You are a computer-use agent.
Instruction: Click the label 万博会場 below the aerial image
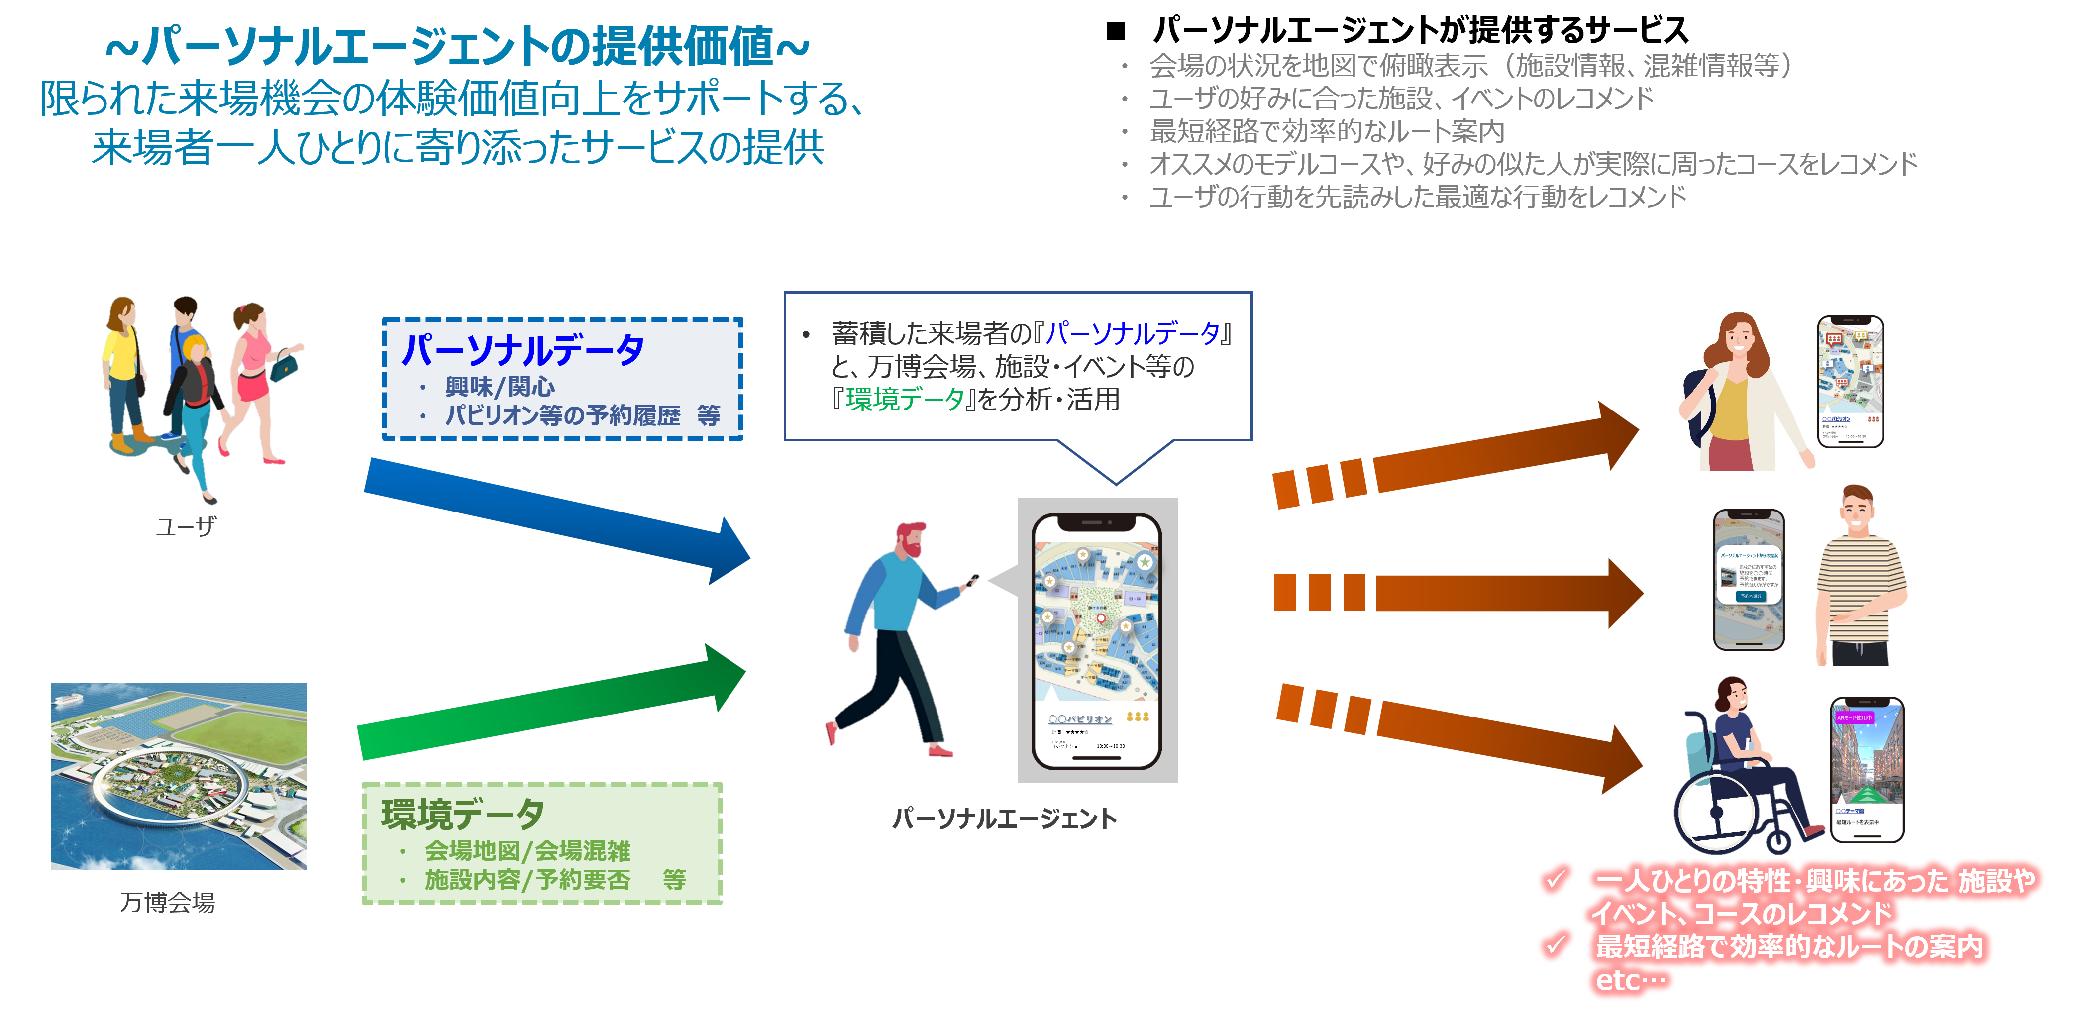pos(167,902)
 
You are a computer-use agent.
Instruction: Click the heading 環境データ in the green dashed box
pos(463,814)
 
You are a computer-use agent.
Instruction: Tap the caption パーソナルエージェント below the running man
pos(1004,819)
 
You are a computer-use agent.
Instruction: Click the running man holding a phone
pos(898,639)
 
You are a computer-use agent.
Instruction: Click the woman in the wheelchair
pos(1747,768)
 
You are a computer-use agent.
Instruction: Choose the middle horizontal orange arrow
pos(1456,592)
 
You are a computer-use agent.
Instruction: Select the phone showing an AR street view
pos(1866,768)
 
